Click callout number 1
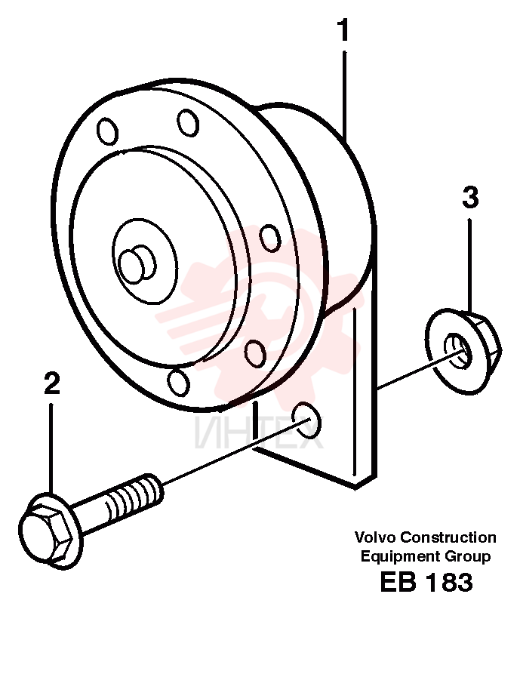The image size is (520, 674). pos(343,30)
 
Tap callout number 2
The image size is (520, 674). pos(51,383)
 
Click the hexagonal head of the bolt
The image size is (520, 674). pos(46,535)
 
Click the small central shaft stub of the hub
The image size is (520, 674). pos(137,264)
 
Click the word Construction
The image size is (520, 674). pos(448,537)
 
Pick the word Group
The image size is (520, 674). pos(468,556)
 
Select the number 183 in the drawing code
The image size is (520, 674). pos(448,582)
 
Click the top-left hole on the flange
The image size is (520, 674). pos(107,131)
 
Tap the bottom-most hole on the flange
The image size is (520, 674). pos(178,382)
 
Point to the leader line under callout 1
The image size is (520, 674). pos(344,94)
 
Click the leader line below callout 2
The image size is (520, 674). pos(51,449)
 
